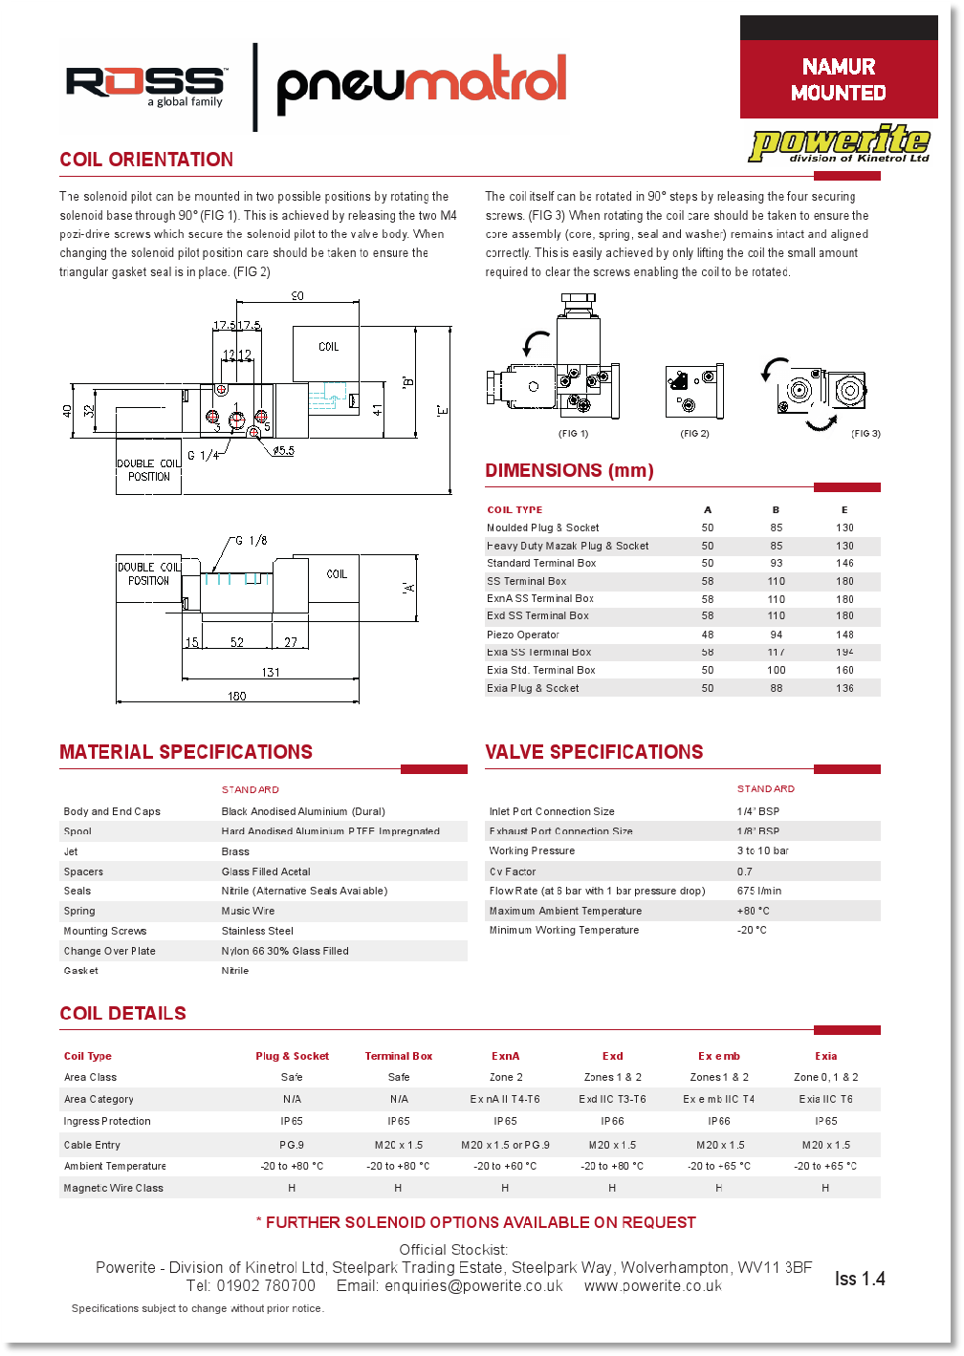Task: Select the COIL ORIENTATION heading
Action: [146, 160]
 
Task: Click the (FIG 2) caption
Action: [694, 434]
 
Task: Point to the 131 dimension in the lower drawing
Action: [271, 672]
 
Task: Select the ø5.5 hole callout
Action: [283, 450]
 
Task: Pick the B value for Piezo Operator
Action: [776, 635]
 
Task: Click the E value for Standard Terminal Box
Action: [844, 564]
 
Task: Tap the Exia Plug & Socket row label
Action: [533, 688]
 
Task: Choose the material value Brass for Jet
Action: [235, 851]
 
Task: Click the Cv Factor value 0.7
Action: [745, 872]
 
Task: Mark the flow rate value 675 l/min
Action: [759, 891]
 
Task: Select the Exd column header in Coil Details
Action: [612, 1056]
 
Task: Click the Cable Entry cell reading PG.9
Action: [292, 1145]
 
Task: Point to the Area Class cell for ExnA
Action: [506, 1077]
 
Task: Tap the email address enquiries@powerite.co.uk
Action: [473, 1286]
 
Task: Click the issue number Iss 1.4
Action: [860, 1279]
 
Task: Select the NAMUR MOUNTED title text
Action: [839, 79]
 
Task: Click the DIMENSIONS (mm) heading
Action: [569, 470]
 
